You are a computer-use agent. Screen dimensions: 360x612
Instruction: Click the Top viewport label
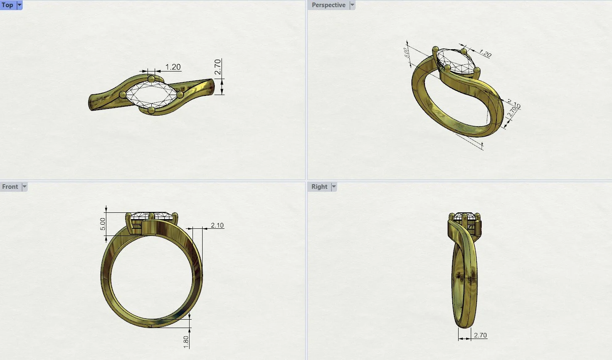coord(8,5)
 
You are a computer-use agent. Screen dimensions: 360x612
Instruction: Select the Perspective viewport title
coord(328,5)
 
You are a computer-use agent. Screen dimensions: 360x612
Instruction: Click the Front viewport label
coord(10,187)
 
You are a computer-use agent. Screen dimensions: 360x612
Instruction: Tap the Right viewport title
coord(319,187)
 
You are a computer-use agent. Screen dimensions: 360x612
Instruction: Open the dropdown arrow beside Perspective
coord(352,5)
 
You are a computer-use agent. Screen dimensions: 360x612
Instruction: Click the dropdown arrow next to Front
coord(24,187)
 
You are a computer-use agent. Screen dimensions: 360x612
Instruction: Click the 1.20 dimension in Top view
coord(173,67)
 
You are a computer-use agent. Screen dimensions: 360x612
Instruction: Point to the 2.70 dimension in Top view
coord(217,67)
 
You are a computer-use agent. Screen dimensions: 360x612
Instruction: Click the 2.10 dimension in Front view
coord(217,225)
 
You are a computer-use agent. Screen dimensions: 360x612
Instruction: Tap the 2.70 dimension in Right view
coord(480,335)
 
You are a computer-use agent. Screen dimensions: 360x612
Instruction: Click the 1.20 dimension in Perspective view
coord(485,54)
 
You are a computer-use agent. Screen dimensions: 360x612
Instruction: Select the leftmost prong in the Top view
coord(123,95)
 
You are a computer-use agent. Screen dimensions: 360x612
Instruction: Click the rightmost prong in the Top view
coord(180,95)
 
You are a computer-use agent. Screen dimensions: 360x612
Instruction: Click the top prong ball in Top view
coord(151,79)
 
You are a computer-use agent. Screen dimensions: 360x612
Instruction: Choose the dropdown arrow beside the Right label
coord(334,187)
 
